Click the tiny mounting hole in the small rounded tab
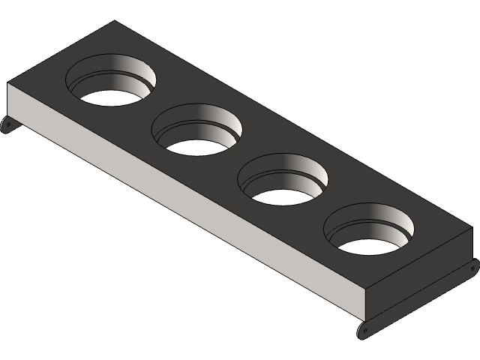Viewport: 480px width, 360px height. tap(7, 126)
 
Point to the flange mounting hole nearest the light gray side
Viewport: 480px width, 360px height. tap(364, 330)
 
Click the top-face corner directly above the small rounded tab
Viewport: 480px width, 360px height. tap(9, 83)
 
